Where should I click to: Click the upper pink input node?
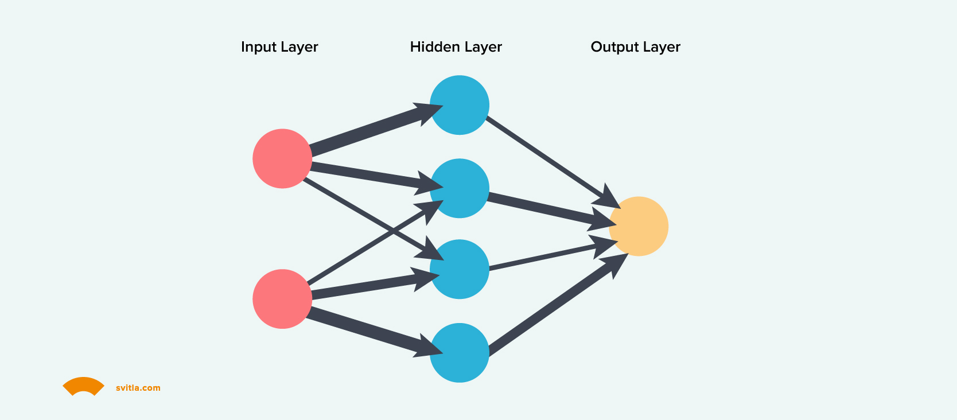click(x=282, y=158)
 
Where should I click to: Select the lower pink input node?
click(x=282, y=299)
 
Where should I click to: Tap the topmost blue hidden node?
click(x=460, y=105)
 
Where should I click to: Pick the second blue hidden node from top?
click(x=460, y=188)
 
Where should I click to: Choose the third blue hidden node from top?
click(x=460, y=269)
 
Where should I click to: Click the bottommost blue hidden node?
click(x=460, y=353)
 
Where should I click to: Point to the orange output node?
click(x=639, y=226)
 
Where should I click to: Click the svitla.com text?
click(x=138, y=388)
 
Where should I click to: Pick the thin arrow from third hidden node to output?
click(x=545, y=257)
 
